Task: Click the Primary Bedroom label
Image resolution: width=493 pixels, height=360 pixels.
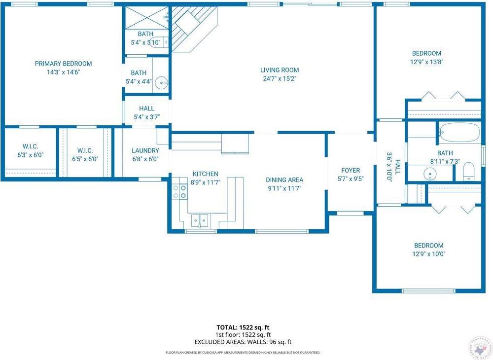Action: coord(63,64)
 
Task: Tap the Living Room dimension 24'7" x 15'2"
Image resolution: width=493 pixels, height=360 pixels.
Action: coord(280,78)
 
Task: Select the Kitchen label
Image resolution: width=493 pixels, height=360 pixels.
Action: coord(205,174)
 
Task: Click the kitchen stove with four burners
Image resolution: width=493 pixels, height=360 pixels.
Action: coord(179,192)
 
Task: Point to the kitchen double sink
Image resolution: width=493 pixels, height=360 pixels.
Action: coord(200,219)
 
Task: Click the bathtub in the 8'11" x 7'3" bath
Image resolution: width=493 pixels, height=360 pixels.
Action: coord(459,132)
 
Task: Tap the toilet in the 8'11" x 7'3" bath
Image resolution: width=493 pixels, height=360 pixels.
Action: coord(468,171)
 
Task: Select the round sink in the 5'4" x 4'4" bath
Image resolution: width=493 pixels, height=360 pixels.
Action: coord(161,83)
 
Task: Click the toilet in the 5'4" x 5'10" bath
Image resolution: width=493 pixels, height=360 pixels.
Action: coord(157,42)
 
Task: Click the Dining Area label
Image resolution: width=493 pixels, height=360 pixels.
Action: coord(284,180)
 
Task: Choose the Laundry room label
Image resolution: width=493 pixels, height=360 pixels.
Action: coord(145,151)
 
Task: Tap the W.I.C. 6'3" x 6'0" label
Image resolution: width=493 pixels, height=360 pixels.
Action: coord(30,147)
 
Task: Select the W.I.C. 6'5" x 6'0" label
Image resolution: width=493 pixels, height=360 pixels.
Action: coord(89,151)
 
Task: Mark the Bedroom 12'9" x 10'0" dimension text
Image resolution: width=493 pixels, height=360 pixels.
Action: coord(428,254)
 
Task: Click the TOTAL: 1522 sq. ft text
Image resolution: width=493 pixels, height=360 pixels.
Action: coord(243,327)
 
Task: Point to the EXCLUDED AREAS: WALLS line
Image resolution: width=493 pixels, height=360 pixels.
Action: coord(243,342)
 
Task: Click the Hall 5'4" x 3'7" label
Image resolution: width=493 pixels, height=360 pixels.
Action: coord(146,108)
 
